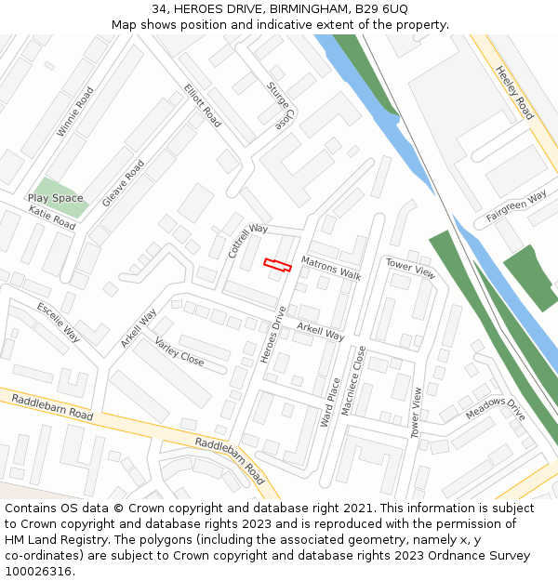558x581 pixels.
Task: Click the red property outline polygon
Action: pyautogui.click(x=277, y=265)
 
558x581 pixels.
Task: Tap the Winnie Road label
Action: pyautogui.click(x=75, y=112)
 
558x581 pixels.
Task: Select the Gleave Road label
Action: pyautogui.click(x=123, y=183)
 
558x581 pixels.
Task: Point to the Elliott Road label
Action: pyautogui.click(x=202, y=106)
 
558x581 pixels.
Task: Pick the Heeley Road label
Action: pyautogui.click(x=514, y=92)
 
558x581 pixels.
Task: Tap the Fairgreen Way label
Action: pyautogui.click(x=516, y=207)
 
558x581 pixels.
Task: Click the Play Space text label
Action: pyautogui.click(x=55, y=198)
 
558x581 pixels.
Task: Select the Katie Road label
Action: pyautogui.click(x=51, y=218)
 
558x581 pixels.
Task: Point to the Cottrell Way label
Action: pyautogui.click(x=247, y=241)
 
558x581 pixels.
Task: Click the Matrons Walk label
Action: pyautogui.click(x=330, y=268)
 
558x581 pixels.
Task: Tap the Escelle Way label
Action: pyautogui.click(x=59, y=322)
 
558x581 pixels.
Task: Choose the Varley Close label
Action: pyautogui.click(x=179, y=351)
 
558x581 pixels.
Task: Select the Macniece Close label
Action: pyautogui.click(x=353, y=379)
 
